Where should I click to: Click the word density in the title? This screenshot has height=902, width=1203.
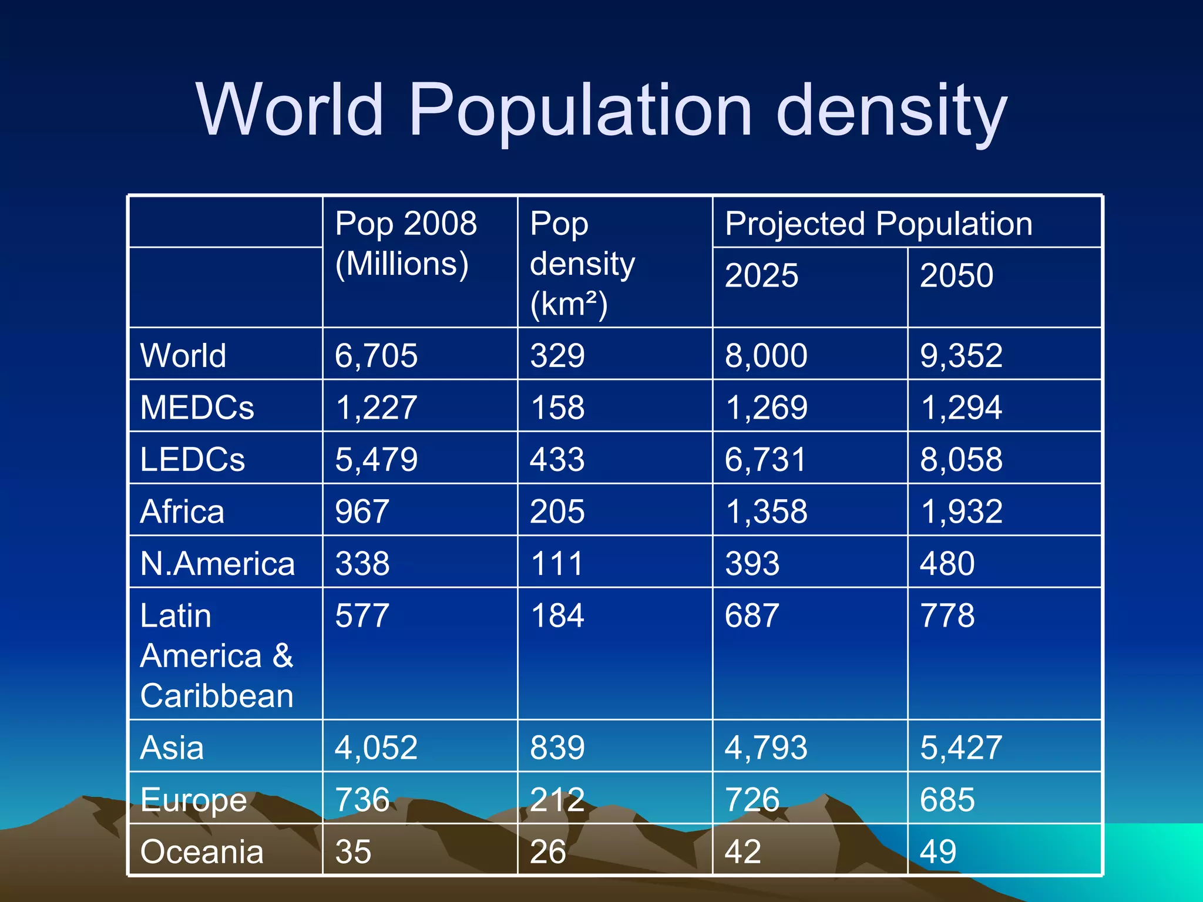coord(891,112)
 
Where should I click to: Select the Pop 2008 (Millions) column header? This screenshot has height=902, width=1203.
coord(405,243)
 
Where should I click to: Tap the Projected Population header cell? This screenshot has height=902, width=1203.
coord(878,224)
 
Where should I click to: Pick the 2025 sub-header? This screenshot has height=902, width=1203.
coord(761,275)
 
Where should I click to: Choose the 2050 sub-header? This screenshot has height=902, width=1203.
coord(956,275)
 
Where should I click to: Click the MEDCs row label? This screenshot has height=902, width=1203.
coord(197,407)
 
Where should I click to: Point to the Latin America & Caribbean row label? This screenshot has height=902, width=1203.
coord(216,655)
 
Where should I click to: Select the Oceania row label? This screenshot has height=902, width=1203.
coord(201,851)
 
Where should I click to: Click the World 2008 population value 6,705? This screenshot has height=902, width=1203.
coord(376,356)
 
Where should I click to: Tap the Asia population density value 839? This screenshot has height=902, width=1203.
coord(557,748)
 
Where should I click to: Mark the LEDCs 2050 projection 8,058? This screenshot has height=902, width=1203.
coord(961,459)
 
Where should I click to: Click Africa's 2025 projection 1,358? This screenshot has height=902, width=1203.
coord(766,511)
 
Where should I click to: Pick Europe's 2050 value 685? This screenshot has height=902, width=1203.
coord(947,800)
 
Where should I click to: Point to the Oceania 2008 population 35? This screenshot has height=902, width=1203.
coord(353,851)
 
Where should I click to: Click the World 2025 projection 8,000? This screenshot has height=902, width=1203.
coord(766,356)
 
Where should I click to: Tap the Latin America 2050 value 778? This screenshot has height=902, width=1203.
coord(947,615)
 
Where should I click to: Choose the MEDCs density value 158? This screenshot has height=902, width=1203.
coord(557,408)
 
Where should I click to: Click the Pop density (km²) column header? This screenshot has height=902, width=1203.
coord(582,264)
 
